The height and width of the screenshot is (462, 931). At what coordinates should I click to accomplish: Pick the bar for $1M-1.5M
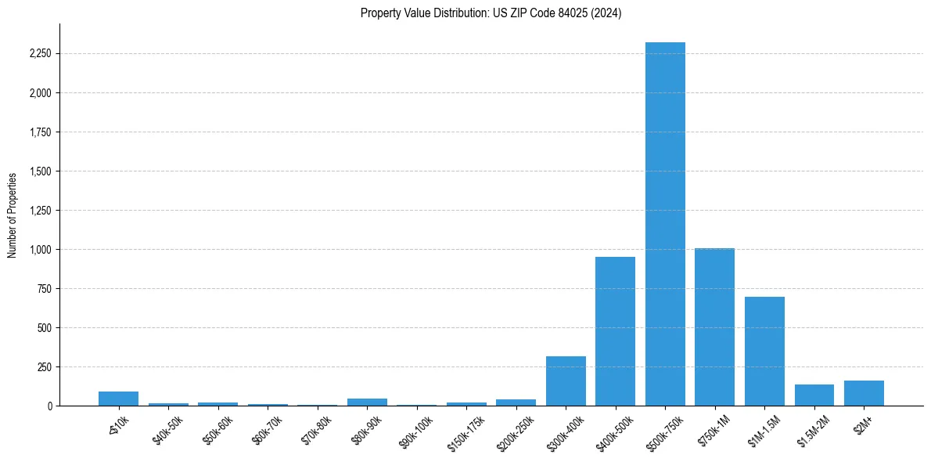764,352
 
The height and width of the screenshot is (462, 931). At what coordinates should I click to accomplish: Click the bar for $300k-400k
566,381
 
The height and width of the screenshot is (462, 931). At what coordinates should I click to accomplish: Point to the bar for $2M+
864,393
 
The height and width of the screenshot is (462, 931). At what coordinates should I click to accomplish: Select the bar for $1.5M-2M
814,395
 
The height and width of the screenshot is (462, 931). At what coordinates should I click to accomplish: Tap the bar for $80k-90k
367,402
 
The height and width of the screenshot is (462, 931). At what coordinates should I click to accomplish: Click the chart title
491,13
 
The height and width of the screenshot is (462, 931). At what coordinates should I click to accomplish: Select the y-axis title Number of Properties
13,215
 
